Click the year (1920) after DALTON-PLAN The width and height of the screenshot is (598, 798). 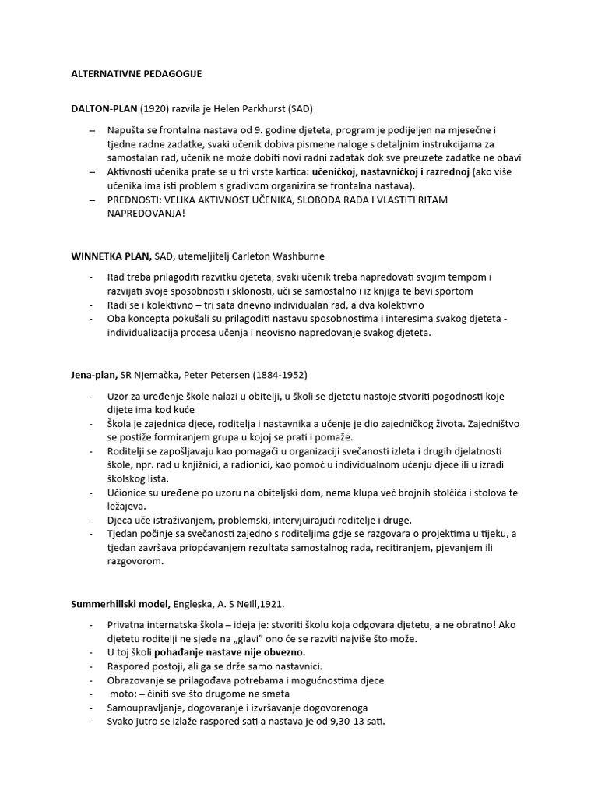157,108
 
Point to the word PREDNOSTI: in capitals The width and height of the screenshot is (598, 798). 136,200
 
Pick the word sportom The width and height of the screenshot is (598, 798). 449,291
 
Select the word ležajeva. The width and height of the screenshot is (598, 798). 128,506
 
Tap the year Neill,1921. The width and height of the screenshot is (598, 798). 258,604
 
